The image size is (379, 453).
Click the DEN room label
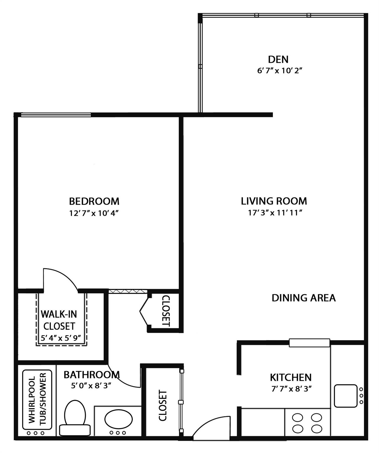(278, 59)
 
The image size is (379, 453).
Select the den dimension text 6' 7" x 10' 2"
(280, 71)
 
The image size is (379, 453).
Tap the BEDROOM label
(94, 201)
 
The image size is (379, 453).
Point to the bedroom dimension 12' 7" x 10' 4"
(94, 213)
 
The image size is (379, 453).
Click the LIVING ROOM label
(274, 201)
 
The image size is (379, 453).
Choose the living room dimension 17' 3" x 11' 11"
(275, 213)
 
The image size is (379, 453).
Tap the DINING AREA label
(303, 298)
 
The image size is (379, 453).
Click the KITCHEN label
(291, 377)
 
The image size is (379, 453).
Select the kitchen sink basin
(345, 396)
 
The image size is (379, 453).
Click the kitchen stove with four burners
(307, 423)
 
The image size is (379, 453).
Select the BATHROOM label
(91, 375)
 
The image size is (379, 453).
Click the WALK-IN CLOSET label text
(59, 320)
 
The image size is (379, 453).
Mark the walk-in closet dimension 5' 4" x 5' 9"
(61, 338)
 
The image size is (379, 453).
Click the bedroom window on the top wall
(56, 115)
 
